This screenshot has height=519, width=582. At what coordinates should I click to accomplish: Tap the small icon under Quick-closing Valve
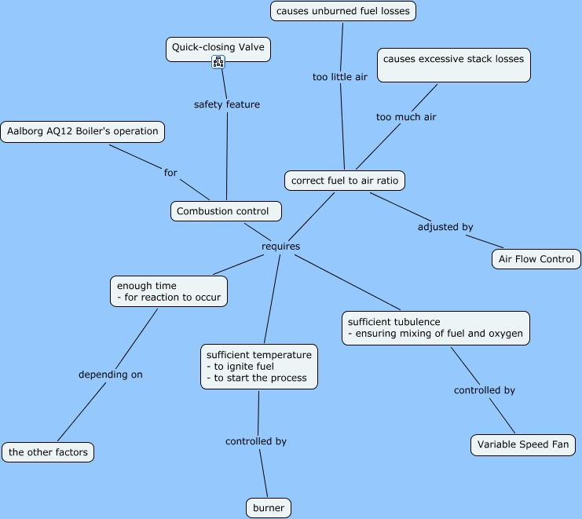coord(218,62)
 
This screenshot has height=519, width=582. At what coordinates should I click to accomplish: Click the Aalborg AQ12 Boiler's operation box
coord(82,132)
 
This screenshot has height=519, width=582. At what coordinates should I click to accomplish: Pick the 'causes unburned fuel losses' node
coord(342,11)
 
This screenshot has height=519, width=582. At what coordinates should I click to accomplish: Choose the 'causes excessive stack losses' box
coord(453,65)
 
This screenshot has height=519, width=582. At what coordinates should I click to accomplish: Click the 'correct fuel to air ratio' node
coord(345,181)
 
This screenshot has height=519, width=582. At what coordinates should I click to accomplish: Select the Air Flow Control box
coord(536,259)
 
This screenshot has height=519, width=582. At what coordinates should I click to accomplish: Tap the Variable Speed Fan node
coord(523,444)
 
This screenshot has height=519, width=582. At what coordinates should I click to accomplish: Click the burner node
coord(269,508)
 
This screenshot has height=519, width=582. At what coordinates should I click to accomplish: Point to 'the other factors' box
coord(48,452)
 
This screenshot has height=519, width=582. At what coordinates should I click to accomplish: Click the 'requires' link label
coord(280,247)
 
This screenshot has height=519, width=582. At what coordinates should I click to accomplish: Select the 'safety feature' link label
coord(226,104)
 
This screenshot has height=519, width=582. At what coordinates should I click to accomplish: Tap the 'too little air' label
coord(339,77)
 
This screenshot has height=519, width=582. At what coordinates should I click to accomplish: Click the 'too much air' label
coord(405,117)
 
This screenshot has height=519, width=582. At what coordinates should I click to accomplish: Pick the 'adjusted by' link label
coord(445,227)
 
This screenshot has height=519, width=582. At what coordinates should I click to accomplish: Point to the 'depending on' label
coord(111,375)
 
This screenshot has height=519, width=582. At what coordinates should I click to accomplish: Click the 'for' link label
coord(170,173)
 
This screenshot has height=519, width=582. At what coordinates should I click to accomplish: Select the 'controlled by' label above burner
coord(256,441)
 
